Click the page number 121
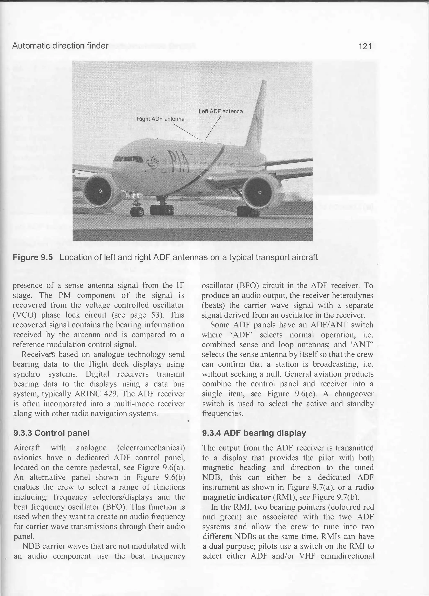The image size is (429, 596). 365,47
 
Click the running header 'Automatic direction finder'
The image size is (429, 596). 60,46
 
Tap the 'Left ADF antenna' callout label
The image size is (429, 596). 221,112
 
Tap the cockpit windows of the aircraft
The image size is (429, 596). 128,159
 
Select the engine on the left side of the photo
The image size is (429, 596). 100,191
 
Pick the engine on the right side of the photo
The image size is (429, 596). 259,192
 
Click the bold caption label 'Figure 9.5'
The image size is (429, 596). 33,257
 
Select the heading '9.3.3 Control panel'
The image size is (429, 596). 52,433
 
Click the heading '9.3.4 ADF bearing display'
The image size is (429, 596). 254,433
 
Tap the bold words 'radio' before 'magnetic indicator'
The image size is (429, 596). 364,487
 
